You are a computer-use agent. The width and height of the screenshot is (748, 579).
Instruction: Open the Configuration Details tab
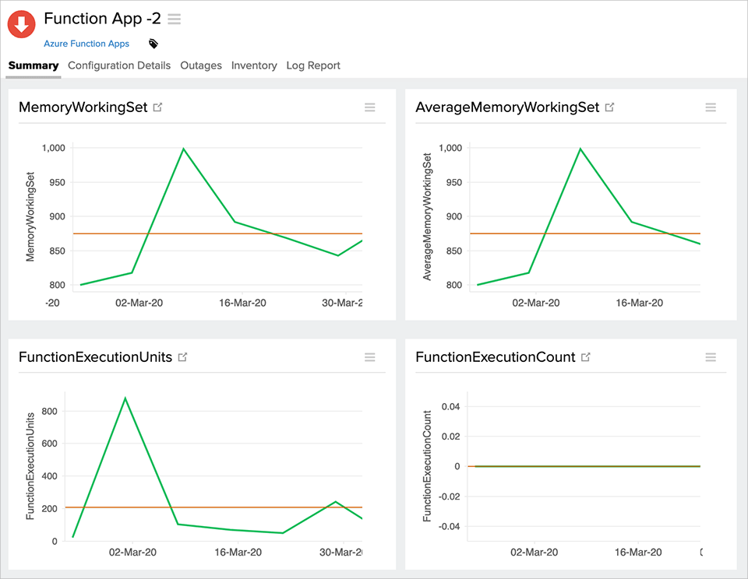click(119, 65)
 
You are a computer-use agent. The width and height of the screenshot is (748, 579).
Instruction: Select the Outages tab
click(201, 65)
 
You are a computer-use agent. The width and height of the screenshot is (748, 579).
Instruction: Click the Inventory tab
click(254, 65)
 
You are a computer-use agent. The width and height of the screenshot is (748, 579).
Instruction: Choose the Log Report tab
click(313, 65)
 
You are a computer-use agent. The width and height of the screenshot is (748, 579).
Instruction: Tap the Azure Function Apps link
click(86, 44)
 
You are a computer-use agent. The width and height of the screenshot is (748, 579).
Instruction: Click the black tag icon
click(153, 44)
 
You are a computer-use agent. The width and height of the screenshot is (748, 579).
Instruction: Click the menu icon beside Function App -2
click(175, 19)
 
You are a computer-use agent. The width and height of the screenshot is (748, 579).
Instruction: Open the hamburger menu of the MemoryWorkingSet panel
click(370, 107)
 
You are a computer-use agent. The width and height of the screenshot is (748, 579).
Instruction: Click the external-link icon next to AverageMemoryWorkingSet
click(610, 107)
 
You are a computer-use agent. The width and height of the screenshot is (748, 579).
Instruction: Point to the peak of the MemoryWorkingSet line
click(183, 149)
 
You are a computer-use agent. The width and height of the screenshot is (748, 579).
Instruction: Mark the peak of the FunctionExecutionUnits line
click(125, 398)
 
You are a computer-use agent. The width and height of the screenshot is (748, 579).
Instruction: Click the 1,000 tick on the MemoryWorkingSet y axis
click(52, 148)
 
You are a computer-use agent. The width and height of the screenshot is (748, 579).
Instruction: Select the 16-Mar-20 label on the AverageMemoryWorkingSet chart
click(638, 302)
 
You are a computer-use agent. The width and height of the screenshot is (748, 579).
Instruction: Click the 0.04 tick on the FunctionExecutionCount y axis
click(450, 406)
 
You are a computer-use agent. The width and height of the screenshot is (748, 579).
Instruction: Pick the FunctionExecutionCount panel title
click(495, 357)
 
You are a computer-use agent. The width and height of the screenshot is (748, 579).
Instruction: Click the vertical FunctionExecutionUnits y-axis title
click(31, 465)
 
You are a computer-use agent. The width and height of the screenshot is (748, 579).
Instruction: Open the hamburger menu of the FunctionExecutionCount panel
click(711, 357)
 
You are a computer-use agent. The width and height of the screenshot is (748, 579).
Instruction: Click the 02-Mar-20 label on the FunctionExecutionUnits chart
click(132, 552)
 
